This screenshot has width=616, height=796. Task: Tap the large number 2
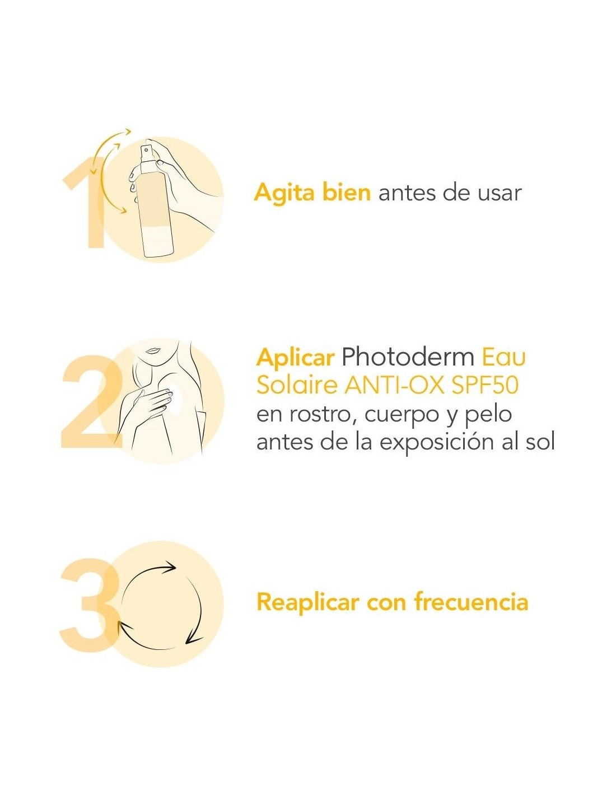92,401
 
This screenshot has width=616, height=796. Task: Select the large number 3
90,603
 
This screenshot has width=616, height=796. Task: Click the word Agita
284,193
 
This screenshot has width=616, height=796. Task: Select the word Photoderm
408,357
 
